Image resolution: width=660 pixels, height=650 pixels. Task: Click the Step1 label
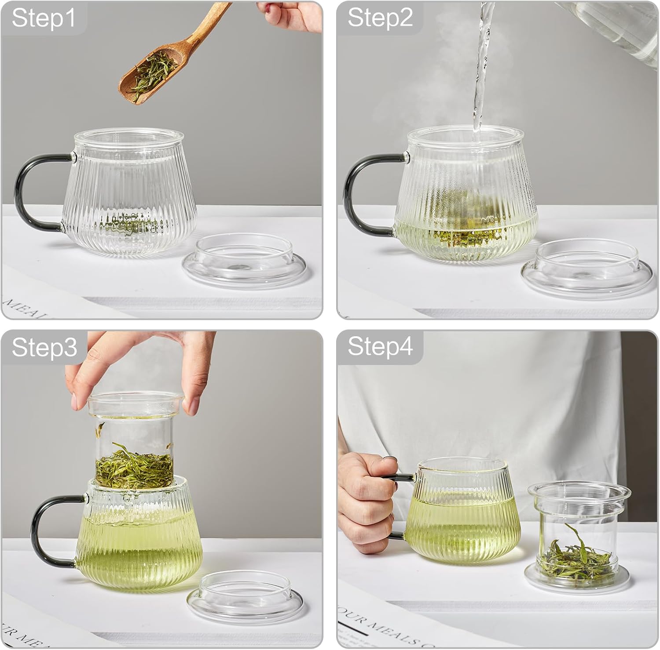coord(43,18)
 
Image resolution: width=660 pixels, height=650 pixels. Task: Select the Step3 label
coord(44,347)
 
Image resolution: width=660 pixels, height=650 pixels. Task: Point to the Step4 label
coord(380,346)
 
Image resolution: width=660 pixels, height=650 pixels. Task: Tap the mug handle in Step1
coord(26,189)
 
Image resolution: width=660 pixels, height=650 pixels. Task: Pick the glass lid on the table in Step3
coord(245,596)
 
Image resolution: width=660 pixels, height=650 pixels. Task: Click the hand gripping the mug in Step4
coord(365,501)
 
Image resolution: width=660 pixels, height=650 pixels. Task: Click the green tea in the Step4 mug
coord(462,532)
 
